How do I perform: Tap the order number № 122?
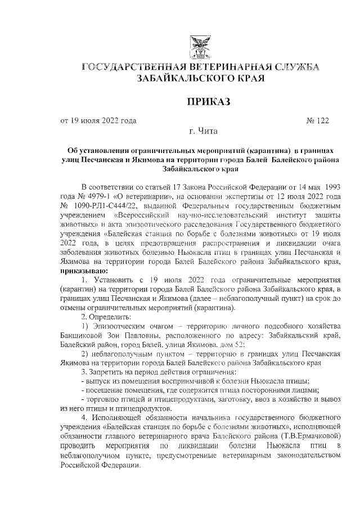click(x=317, y=120)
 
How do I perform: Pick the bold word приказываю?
click(x=84, y=270)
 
